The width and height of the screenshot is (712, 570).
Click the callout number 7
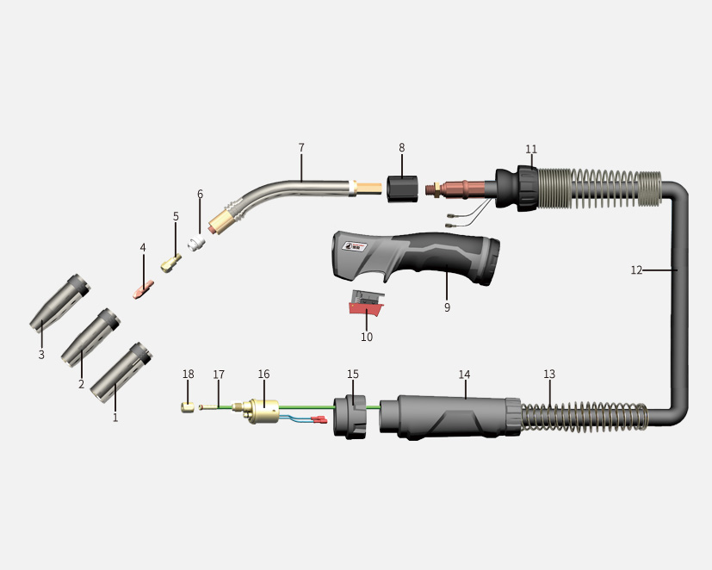coord(301,147)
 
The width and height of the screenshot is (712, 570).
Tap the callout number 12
coord(636,270)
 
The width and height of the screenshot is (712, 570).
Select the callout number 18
coord(188,374)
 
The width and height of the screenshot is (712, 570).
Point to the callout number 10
coord(367,337)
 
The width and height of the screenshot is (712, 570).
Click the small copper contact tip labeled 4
coord(144,288)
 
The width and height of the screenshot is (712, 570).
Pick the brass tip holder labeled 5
coord(171,263)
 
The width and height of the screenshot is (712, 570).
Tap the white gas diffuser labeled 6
coord(196,243)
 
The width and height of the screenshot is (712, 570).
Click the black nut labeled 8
coord(402,188)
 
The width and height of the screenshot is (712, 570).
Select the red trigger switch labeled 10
coord(367,303)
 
